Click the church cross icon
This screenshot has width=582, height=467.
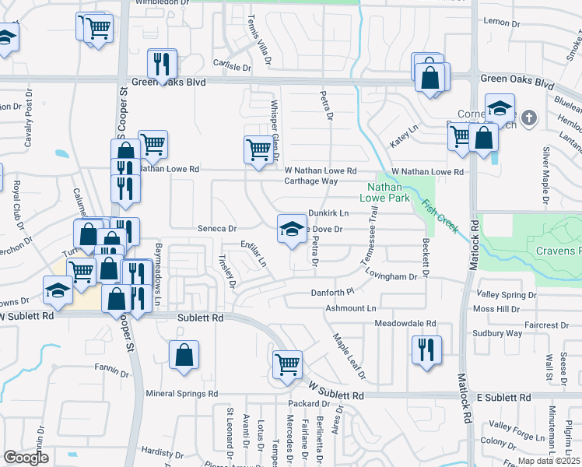coord(529,118)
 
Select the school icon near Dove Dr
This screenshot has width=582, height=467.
coord(291,229)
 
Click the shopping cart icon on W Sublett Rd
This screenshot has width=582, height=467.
coord(287,364)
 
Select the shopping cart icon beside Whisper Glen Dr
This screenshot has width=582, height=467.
coord(258,149)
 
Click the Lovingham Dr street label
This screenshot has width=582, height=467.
coord(404,275)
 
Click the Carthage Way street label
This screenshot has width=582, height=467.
coord(310,181)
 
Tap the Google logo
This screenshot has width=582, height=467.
coord(26,458)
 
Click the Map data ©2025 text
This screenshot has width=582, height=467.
coord(547,461)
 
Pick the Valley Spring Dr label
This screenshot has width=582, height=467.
coord(506,296)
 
